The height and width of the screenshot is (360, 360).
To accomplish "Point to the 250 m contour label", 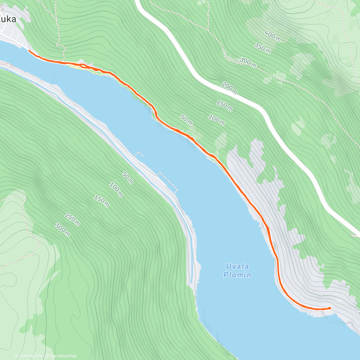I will [x=72, y=219].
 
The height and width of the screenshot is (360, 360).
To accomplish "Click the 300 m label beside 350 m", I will [x=247, y=62].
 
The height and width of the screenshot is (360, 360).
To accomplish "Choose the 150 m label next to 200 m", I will [x=224, y=105].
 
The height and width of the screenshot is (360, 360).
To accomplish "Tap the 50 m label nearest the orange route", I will [x=186, y=119].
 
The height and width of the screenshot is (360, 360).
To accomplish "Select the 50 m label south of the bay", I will [x=127, y=178].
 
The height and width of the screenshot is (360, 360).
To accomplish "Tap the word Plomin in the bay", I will [x=237, y=275].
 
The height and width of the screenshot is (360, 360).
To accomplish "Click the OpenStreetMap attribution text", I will [x=63, y=356].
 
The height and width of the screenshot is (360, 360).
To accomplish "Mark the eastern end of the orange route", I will [x=329, y=308].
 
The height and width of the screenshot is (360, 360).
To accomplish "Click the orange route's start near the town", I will [x=29, y=51].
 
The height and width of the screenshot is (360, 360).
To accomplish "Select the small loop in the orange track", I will [x=83, y=65].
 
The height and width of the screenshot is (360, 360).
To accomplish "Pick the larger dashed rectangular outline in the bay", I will [x=167, y=182].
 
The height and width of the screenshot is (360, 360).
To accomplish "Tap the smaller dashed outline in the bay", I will [x=139, y=154].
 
